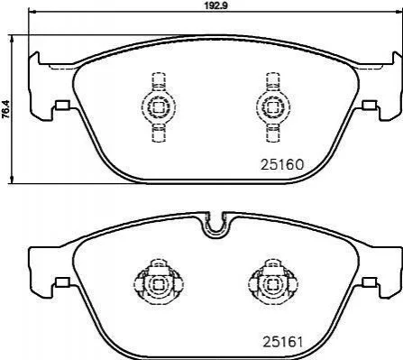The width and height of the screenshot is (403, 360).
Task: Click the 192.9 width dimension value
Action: coord(215,5)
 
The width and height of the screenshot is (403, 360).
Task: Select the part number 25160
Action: coord(282,164)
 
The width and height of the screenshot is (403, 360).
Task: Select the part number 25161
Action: coord(282,342)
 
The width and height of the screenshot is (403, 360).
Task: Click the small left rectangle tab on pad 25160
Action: coord(63,105)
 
